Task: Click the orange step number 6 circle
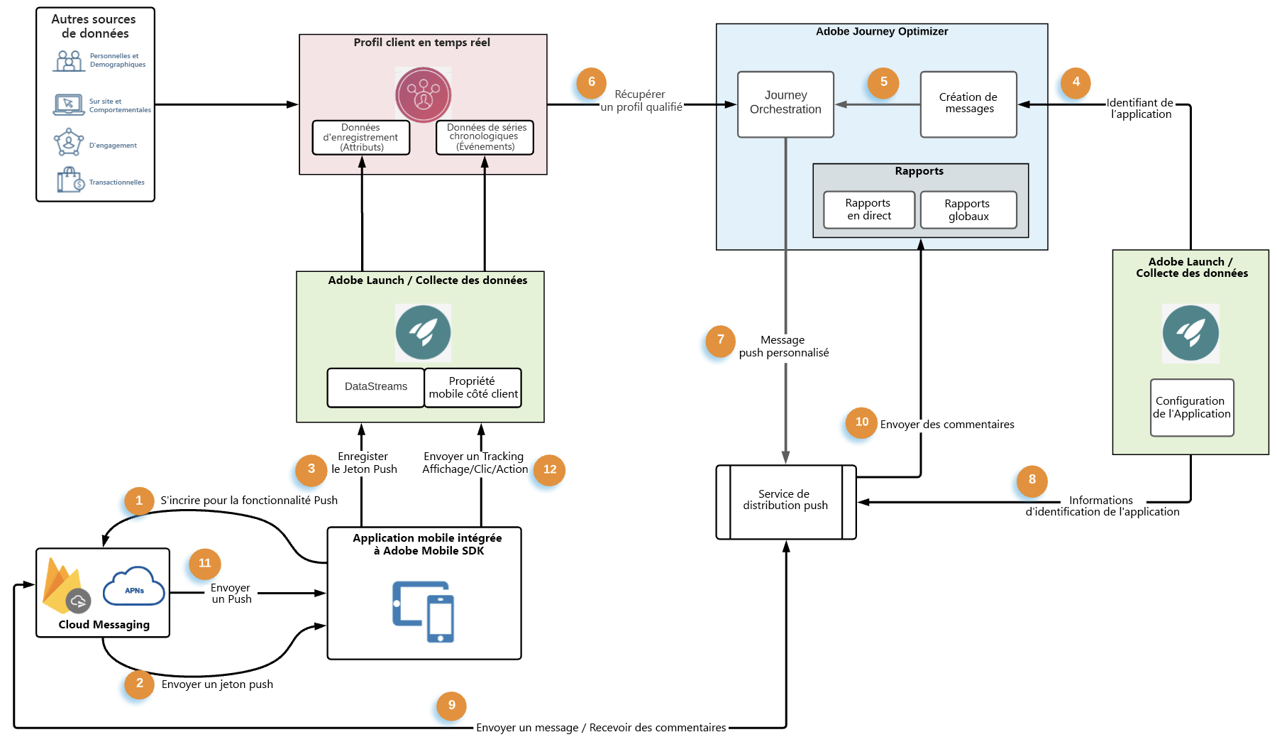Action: [591, 82]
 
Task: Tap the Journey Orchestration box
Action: [785, 104]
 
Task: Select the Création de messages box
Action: [968, 104]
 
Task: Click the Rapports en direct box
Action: [869, 209]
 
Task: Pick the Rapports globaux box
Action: [968, 210]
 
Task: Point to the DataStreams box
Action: [375, 387]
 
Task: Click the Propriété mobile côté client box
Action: [473, 388]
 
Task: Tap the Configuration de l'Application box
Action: [1192, 408]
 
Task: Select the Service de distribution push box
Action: [786, 501]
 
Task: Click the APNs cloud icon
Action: [134, 587]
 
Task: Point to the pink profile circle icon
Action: [424, 95]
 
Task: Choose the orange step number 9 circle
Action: [451, 706]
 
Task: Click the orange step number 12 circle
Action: [550, 469]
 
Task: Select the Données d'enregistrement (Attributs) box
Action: [361, 138]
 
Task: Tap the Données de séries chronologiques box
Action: [485, 137]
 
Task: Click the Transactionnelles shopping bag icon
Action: [70, 180]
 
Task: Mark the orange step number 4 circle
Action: [1076, 82]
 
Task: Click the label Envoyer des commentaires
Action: [947, 425]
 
